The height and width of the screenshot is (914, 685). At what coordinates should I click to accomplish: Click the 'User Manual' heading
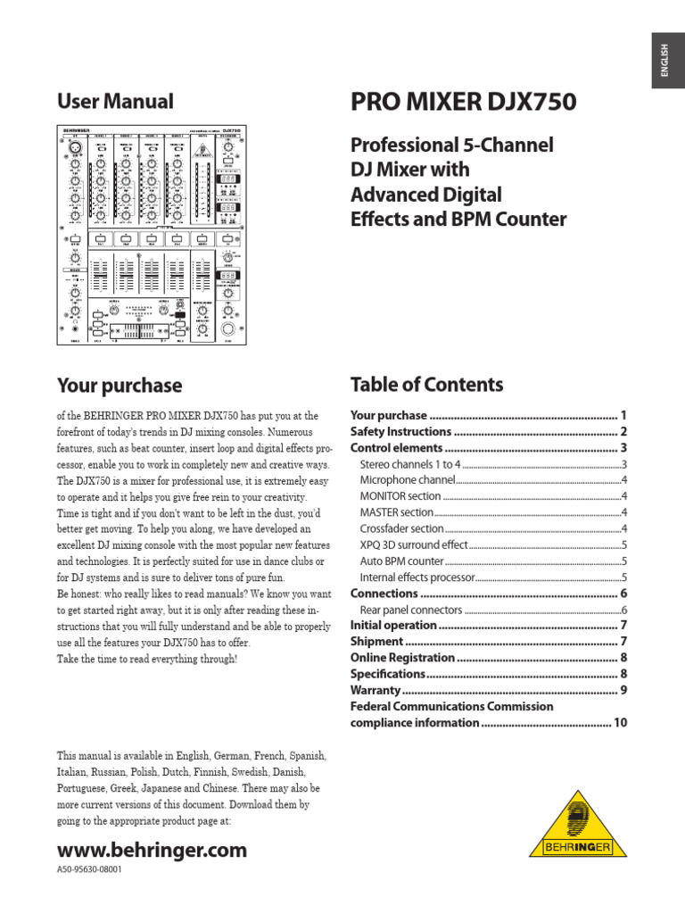click(x=115, y=102)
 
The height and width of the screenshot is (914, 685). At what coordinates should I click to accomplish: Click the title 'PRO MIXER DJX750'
click(x=463, y=103)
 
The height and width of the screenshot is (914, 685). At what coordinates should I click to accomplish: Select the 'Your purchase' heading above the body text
click(x=120, y=386)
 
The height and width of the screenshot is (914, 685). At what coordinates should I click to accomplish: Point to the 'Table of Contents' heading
click(x=426, y=385)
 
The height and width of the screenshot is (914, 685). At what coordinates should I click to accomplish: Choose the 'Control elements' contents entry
click(x=396, y=448)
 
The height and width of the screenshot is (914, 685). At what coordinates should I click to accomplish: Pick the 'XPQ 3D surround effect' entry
click(x=414, y=544)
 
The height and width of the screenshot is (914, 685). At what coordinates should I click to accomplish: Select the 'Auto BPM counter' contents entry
click(x=401, y=561)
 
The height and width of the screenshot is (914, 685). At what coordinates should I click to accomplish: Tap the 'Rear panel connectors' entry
click(x=411, y=610)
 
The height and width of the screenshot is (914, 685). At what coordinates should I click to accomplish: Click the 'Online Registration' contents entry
click(x=403, y=658)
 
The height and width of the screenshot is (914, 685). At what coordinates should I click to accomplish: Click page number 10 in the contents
click(x=620, y=723)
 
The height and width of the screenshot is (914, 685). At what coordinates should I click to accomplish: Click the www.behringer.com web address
click(x=152, y=850)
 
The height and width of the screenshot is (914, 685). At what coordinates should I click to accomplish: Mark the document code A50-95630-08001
click(x=89, y=869)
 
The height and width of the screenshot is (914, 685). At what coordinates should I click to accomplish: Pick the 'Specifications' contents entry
click(x=387, y=674)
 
